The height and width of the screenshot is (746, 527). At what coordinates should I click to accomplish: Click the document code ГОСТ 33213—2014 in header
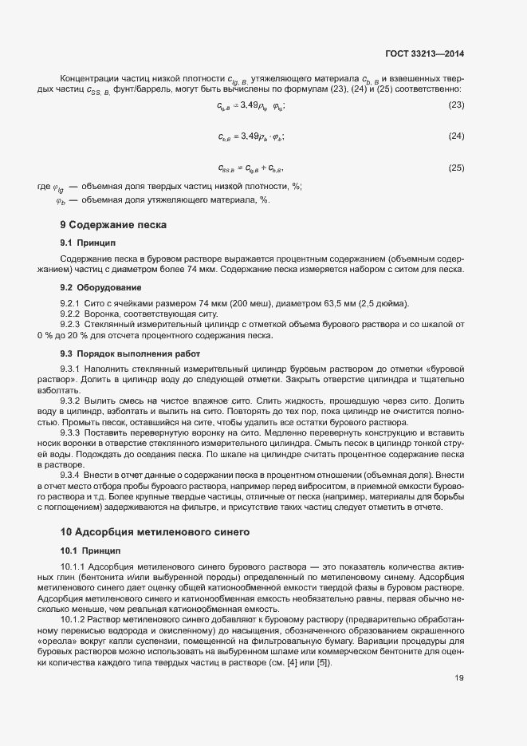[422, 54]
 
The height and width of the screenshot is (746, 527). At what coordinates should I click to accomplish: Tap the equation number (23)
[457, 105]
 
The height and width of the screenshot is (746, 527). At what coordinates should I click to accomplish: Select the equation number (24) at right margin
[457, 136]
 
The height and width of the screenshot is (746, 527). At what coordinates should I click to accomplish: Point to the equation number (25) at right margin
[457, 168]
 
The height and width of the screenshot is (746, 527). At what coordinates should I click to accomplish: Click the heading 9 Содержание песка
[113, 225]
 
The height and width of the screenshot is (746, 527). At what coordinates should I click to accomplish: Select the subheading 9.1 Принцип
[88, 242]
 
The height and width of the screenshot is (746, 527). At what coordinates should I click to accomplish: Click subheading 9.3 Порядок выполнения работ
[131, 353]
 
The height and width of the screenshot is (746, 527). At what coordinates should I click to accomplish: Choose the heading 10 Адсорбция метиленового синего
[155, 531]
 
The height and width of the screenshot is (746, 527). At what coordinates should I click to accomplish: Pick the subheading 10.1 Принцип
[90, 551]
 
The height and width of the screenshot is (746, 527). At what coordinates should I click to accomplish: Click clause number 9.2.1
[71, 304]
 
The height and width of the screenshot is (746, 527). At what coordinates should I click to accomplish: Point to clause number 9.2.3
[71, 324]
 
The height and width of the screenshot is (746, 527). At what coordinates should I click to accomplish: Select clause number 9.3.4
[71, 474]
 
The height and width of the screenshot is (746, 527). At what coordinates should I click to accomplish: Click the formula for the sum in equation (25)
[250, 168]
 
